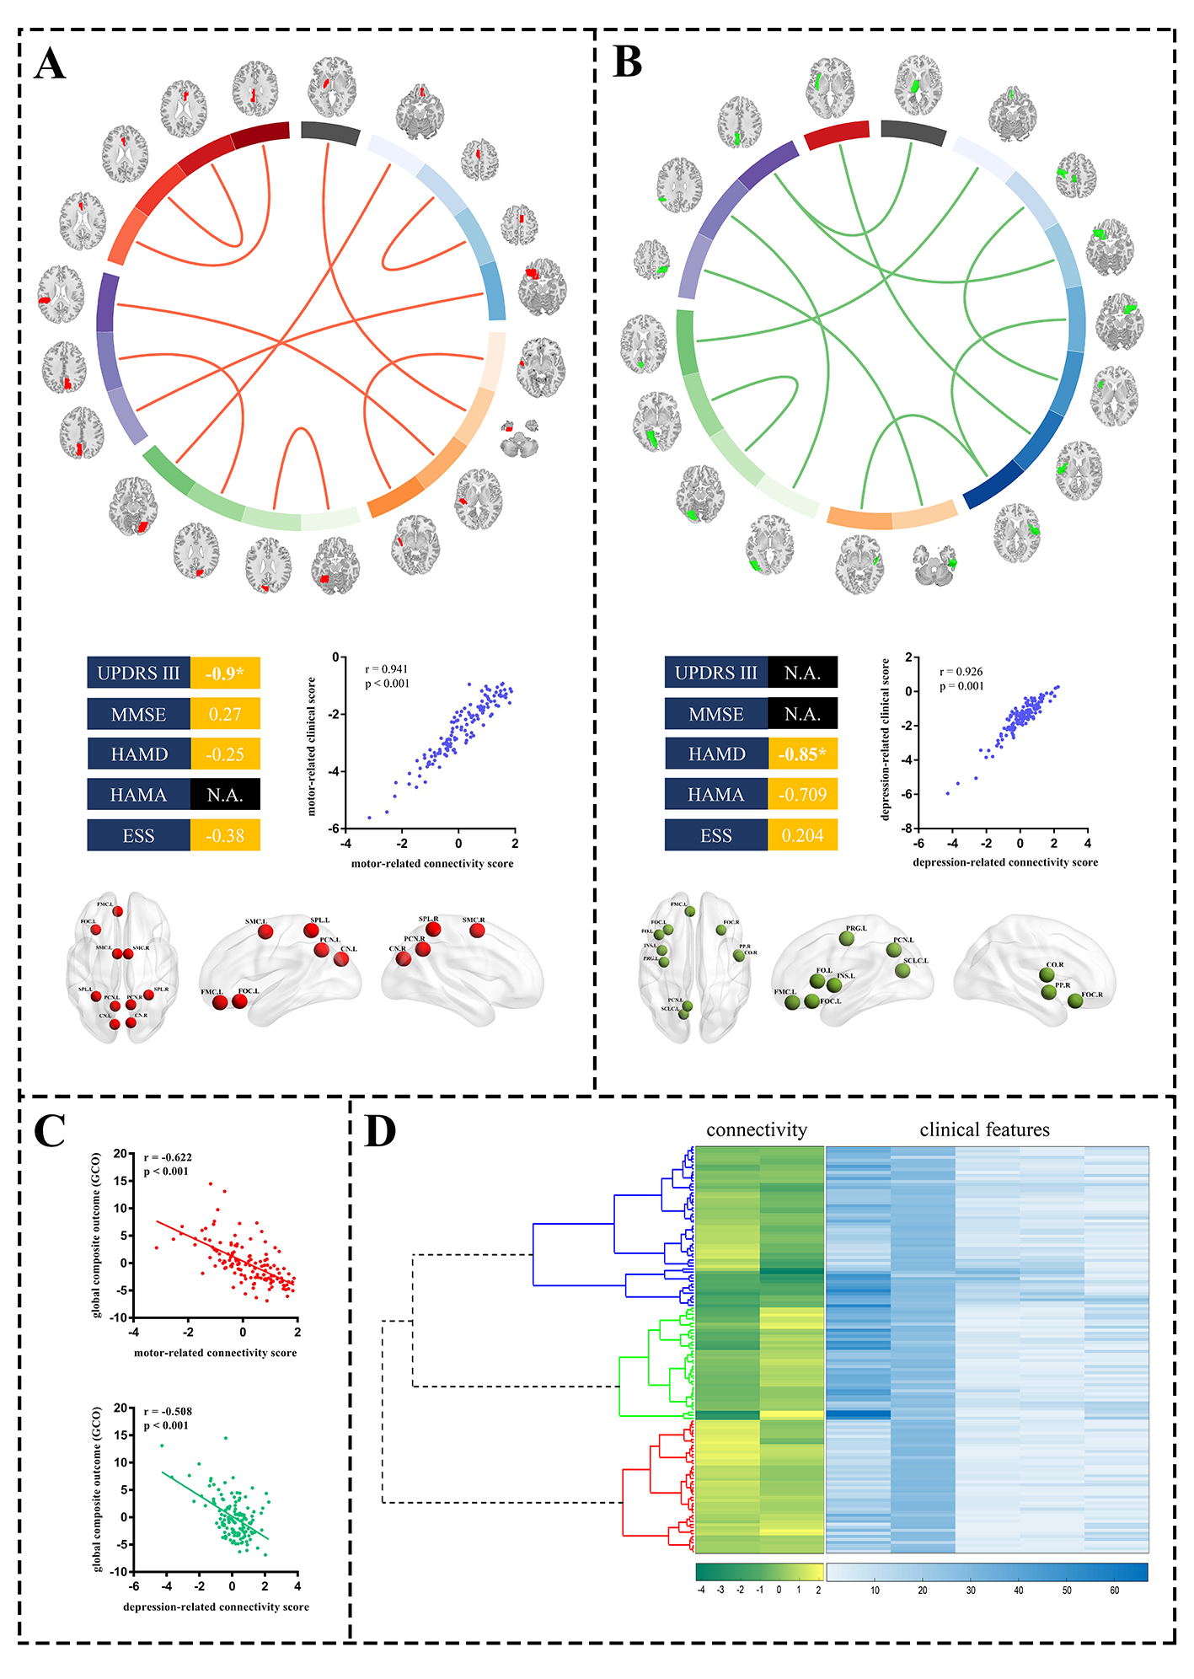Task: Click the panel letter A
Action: (51, 64)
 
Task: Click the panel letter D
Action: (380, 1131)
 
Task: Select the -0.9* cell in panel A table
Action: (225, 673)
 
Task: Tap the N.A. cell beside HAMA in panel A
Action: (225, 795)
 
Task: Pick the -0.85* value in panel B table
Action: (802, 754)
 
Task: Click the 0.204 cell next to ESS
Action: (802, 835)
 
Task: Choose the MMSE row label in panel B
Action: (716, 714)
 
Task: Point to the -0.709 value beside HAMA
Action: (802, 795)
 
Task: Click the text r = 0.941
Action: (386, 669)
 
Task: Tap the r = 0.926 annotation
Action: (961, 672)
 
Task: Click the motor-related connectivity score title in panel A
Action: (432, 864)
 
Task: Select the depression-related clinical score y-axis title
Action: (886, 739)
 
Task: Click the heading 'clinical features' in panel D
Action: (984, 1130)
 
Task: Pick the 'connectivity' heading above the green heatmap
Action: (757, 1130)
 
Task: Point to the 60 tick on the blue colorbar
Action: (1114, 1590)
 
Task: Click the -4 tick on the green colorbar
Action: (701, 1590)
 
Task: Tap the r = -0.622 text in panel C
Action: (168, 1157)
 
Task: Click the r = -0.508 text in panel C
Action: (168, 1411)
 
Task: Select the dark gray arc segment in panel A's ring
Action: (329, 132)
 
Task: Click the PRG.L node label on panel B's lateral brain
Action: (856, 928)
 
